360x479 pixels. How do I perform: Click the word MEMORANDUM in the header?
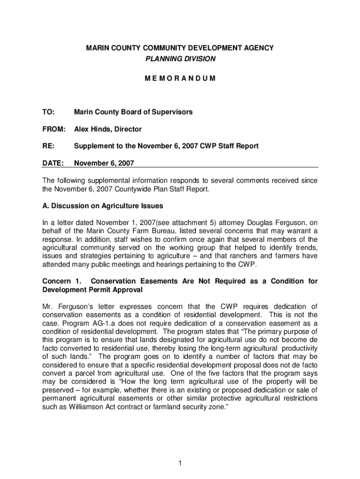point(180,78)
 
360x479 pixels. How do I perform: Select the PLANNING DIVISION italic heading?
point(180,59)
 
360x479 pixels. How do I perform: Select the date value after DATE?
point(104,163)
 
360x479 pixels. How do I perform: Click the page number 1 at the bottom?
point(180,464)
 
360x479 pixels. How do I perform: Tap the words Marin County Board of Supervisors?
point(133,112)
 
